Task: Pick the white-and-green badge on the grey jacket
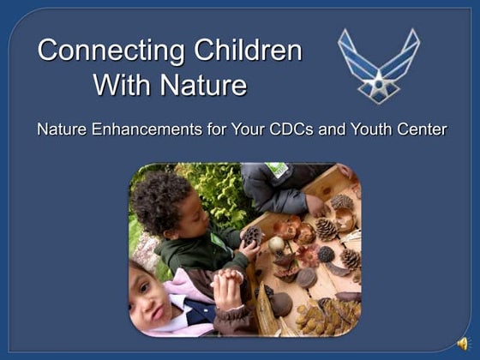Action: tap(280, 171)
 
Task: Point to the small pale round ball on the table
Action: tap(277, 244)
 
